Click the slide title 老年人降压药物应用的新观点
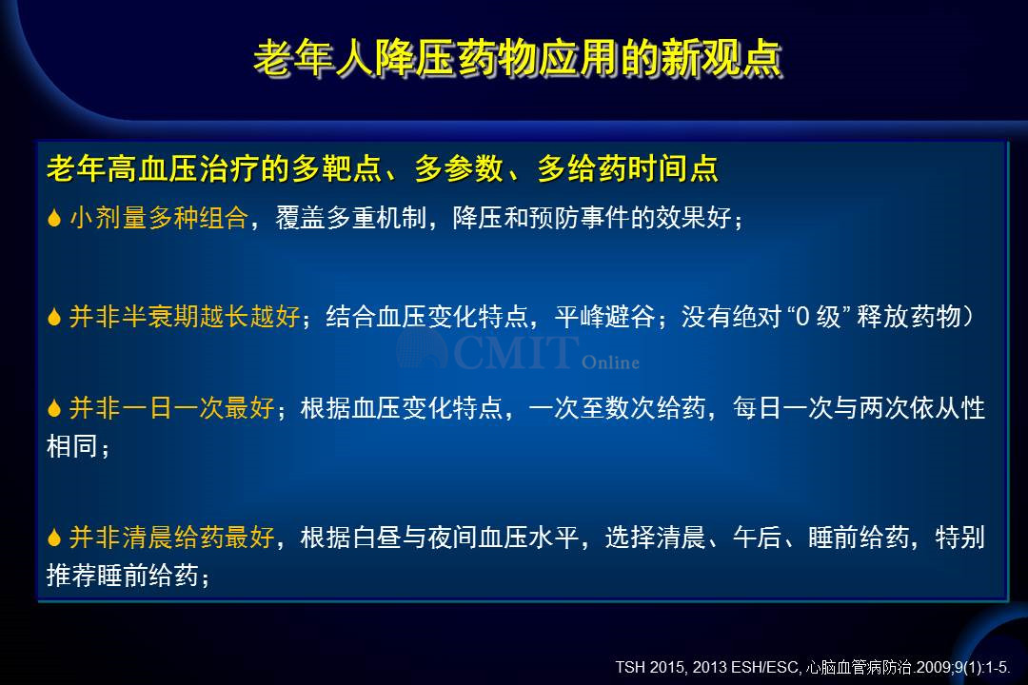[x=518, y=58]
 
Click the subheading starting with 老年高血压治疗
[x=383, y=168]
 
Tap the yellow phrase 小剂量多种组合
[x=159, y=218]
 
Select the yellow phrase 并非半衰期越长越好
[x=185, y=317]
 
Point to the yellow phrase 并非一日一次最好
[x=171, y=408]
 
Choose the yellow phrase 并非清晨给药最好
[x=171, y=537]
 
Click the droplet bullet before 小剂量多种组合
[x=54, y=218]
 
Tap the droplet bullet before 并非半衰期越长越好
[x=54, y=317]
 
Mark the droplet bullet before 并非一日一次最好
[x=54, y=408]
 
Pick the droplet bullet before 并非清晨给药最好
[x=54, y=538]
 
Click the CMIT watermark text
[x=515, y=352]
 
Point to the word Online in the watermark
[x=610, y=362]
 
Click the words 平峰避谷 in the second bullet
[x=604, y=317]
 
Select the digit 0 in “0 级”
[x=801, y=317]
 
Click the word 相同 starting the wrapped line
[x=71, y=446]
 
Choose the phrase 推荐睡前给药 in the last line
[x=122, y=576]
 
